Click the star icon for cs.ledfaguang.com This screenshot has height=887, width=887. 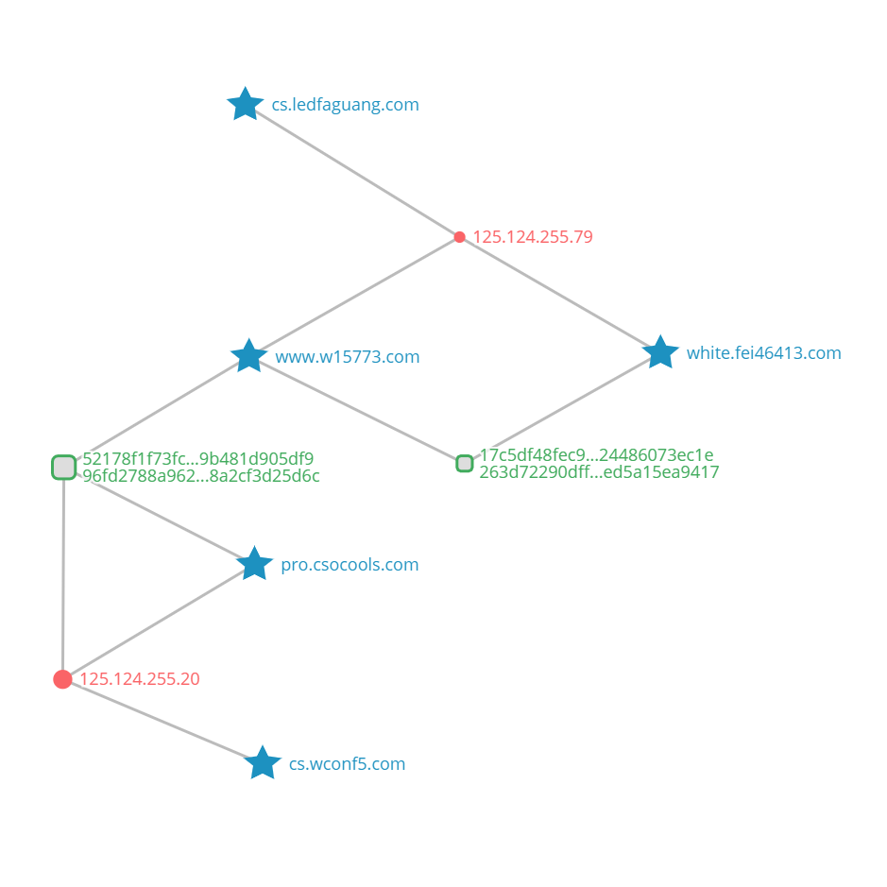tap(245, 104)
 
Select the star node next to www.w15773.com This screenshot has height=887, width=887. tap(248, 356)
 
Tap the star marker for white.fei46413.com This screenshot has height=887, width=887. tap(660, 352)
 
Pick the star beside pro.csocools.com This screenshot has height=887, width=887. tap(254, 563)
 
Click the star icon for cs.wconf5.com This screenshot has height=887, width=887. tap(263, 763)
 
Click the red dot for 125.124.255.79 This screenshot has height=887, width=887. tap(459, 237)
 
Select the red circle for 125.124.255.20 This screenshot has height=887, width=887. tap(62, 679)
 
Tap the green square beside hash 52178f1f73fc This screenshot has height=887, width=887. tap(64, 468)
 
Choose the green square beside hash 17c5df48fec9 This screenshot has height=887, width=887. tap(465, 463)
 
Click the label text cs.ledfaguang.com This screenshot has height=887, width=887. tap(345, 105)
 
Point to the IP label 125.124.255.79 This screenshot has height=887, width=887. tap(533, 237)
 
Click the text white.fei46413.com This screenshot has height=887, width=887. tap(763, 353)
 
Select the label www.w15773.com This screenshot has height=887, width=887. tap(348, 357)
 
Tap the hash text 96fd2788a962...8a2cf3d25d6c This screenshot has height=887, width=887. tap(201, 476)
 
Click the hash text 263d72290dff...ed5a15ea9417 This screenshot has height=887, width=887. tap(599, 471)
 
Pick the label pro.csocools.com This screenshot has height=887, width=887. tap(350, 565)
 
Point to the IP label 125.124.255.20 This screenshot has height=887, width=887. tap(140, 679)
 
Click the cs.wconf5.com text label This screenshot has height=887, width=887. tap(347, 763)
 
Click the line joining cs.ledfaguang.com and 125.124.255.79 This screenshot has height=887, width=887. tap(352, 171)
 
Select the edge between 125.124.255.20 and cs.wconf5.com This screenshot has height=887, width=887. tap(162, 722)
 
